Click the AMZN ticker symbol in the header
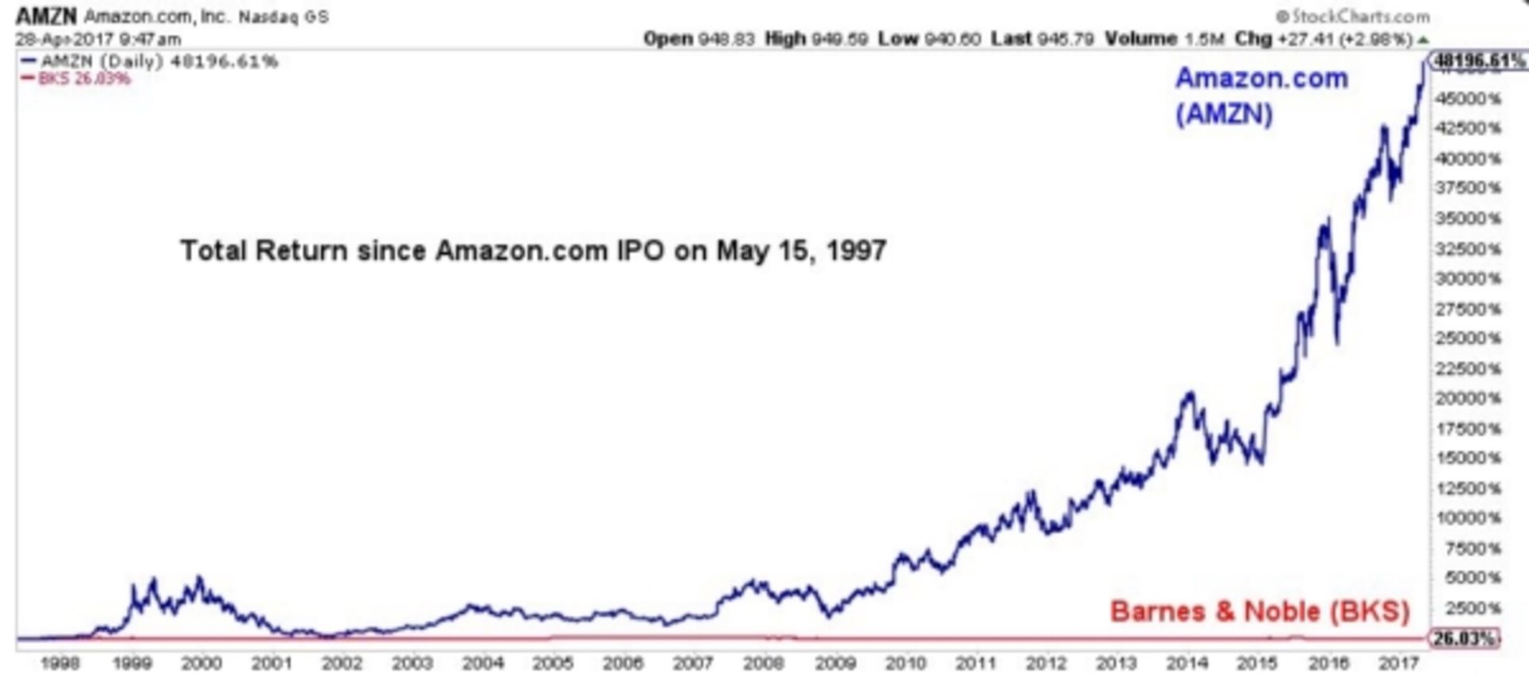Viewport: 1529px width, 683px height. (46, 16)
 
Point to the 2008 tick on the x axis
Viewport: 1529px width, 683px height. (763, 662)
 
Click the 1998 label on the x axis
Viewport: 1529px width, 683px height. (60, 662)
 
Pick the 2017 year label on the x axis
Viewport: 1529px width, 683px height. (1398, 662)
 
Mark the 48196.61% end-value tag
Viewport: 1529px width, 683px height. (1478, 60)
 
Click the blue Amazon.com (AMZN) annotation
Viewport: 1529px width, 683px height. (1261, 96)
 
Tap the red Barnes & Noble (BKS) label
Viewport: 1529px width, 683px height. (1259, 611)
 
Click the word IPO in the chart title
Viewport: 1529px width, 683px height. (640, 251)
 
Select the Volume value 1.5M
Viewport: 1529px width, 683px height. (1204, 38)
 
